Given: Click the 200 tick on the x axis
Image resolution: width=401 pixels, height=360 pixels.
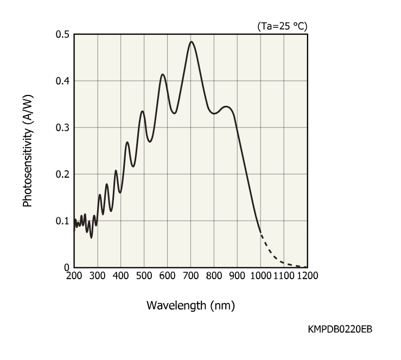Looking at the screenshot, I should [x=74, y=275].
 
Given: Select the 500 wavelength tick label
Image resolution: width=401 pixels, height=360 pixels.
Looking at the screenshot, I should [x=144, y=275].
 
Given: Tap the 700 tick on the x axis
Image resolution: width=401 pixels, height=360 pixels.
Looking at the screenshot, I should [x=190, y=275].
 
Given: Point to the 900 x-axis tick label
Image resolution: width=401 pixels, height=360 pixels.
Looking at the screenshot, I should [x=237, y=275].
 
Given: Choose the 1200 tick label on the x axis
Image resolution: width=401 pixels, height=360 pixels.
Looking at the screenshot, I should [x=306, y=275].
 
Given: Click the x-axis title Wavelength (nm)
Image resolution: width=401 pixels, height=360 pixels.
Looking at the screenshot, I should [x=190, y=305].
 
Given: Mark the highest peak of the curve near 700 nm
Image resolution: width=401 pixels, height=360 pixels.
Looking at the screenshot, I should [x=191, y=42].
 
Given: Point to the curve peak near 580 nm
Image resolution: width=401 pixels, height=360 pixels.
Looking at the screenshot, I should [x=163, y=74].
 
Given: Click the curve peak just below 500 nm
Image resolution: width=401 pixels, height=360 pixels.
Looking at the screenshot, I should [x=143, y=111].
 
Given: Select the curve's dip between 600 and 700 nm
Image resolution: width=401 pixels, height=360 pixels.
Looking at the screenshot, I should [x=174, y=113].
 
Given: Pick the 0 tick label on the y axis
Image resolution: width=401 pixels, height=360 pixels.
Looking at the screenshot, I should [x=67, y=267].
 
